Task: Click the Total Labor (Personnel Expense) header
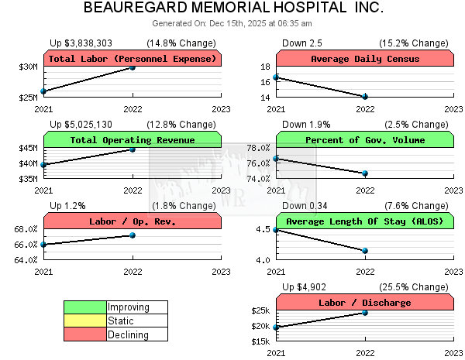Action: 133,59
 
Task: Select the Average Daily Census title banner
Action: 365,59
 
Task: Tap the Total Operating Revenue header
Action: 133,140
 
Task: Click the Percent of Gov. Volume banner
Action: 365,140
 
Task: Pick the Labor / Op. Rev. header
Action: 133,221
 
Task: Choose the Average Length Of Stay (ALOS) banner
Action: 365,221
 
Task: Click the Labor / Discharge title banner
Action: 365,303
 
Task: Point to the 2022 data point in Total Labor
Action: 133,67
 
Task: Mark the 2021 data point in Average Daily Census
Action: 276,77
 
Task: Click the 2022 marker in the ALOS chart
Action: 365,250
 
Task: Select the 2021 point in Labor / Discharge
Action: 276,327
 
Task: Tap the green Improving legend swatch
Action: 84,307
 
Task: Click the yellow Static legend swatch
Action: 84,321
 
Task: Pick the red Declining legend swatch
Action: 84,334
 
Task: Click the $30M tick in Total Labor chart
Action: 28,67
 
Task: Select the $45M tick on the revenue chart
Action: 28,148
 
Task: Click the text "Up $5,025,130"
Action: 81,124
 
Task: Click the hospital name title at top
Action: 232,9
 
